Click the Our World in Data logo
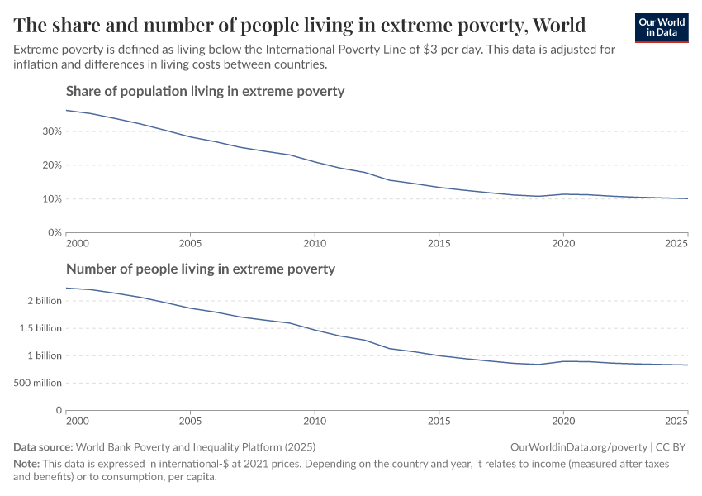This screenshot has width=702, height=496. tap(661, 27)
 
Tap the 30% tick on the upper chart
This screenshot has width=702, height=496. tap(51, 131)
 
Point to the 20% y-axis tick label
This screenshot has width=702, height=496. tap(51, 165)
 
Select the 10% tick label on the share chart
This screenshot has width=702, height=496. tap(51, 199)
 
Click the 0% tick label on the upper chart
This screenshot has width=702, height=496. tap(54, 233)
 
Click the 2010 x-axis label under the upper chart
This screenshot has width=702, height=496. tap(314, 245)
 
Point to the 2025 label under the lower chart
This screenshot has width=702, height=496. tap(676, 422)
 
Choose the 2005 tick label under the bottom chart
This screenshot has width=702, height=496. tap(190, 422)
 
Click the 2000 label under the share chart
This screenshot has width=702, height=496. tap(77, 245)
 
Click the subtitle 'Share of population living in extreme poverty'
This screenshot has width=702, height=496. tap(205, 91)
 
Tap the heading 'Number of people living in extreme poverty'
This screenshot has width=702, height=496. tap(201, 269)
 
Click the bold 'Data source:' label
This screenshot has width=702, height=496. tap(45, 446)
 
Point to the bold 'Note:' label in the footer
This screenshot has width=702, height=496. tap(29, 464)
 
